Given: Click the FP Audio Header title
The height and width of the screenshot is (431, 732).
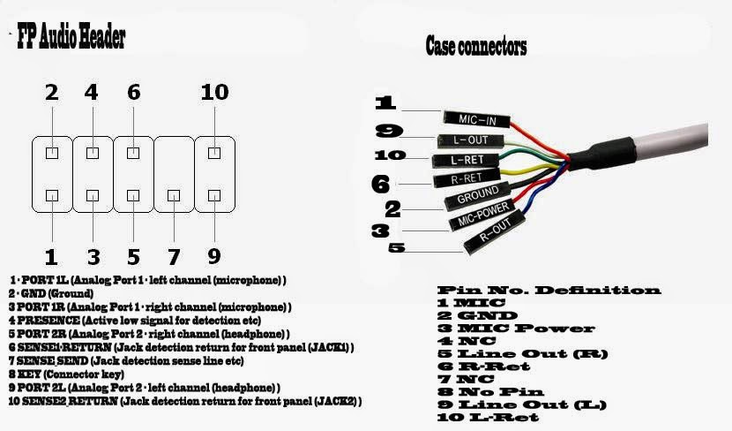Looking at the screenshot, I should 71,38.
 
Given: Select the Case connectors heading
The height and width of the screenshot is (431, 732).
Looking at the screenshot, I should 475,46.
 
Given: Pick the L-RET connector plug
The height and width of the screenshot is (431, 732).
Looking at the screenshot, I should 464,161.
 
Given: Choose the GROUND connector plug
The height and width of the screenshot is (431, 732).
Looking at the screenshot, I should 477,196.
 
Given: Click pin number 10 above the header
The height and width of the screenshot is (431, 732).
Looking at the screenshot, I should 213,92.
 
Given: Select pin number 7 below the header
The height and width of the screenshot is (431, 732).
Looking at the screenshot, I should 174,257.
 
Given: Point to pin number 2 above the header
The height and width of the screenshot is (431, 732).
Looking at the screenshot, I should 51,92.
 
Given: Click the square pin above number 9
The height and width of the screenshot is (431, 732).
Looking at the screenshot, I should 213,194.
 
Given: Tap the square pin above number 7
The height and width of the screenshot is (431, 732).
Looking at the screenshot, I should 174,194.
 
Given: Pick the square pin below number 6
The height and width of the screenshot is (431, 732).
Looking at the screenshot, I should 133,153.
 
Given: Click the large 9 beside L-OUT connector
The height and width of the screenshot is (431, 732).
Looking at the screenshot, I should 388,132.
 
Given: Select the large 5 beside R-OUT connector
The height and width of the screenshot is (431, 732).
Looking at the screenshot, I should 397,248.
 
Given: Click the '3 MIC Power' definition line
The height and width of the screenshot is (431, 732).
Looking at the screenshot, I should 504,329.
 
